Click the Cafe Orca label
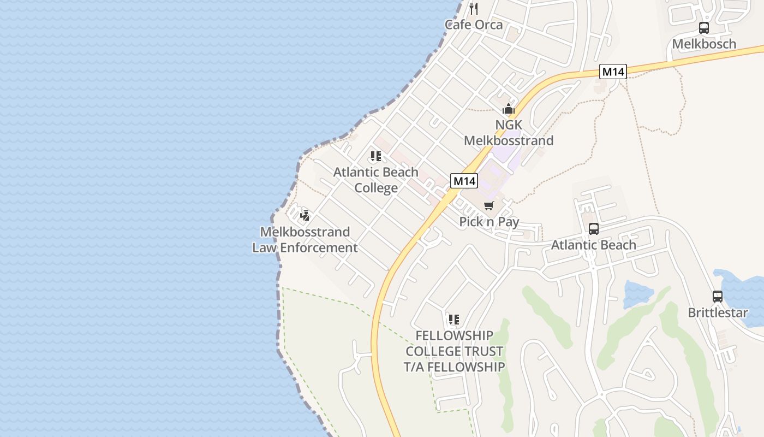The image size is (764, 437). tap(473, 25)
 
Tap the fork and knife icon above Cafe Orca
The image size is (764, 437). tap(474, 8)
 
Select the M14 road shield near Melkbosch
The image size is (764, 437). tap(613, 72)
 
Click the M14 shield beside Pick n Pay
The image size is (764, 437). tap(464, 181)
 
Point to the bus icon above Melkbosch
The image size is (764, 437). tap(704, 28)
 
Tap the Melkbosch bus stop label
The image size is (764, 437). tap(704, 44)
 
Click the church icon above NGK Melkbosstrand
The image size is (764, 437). tap(509, 109)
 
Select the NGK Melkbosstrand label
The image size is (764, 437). tap(509, 133)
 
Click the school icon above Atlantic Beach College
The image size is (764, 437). tap(376, 157)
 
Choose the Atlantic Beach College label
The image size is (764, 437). tap(376, 180)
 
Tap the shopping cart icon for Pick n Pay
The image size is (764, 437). tap(488, 206)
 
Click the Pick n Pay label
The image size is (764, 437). tap(489, 222)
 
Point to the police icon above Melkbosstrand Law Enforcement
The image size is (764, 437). tap(305, 215)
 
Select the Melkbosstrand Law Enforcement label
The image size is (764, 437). tap(305, 240)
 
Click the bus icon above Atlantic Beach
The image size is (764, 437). tap(594, 229)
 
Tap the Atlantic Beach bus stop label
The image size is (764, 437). tap(594, 245)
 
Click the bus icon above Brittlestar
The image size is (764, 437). tap(718, 297)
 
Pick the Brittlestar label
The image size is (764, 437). tap(718, 313)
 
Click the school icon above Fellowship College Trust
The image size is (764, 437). tap(454, 320)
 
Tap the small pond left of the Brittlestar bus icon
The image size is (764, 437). tap(637, 294)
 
